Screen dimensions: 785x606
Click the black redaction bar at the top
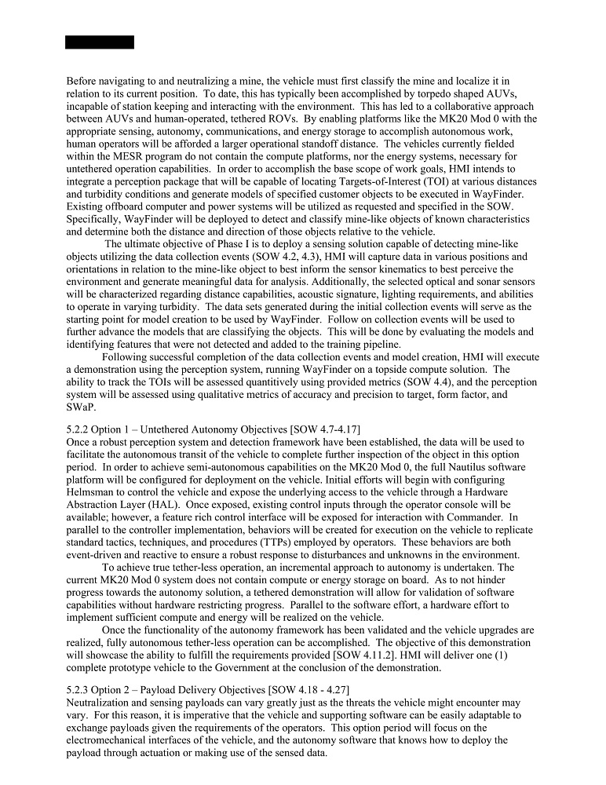coord(99,42)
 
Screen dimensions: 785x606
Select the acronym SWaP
coord(83,407)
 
